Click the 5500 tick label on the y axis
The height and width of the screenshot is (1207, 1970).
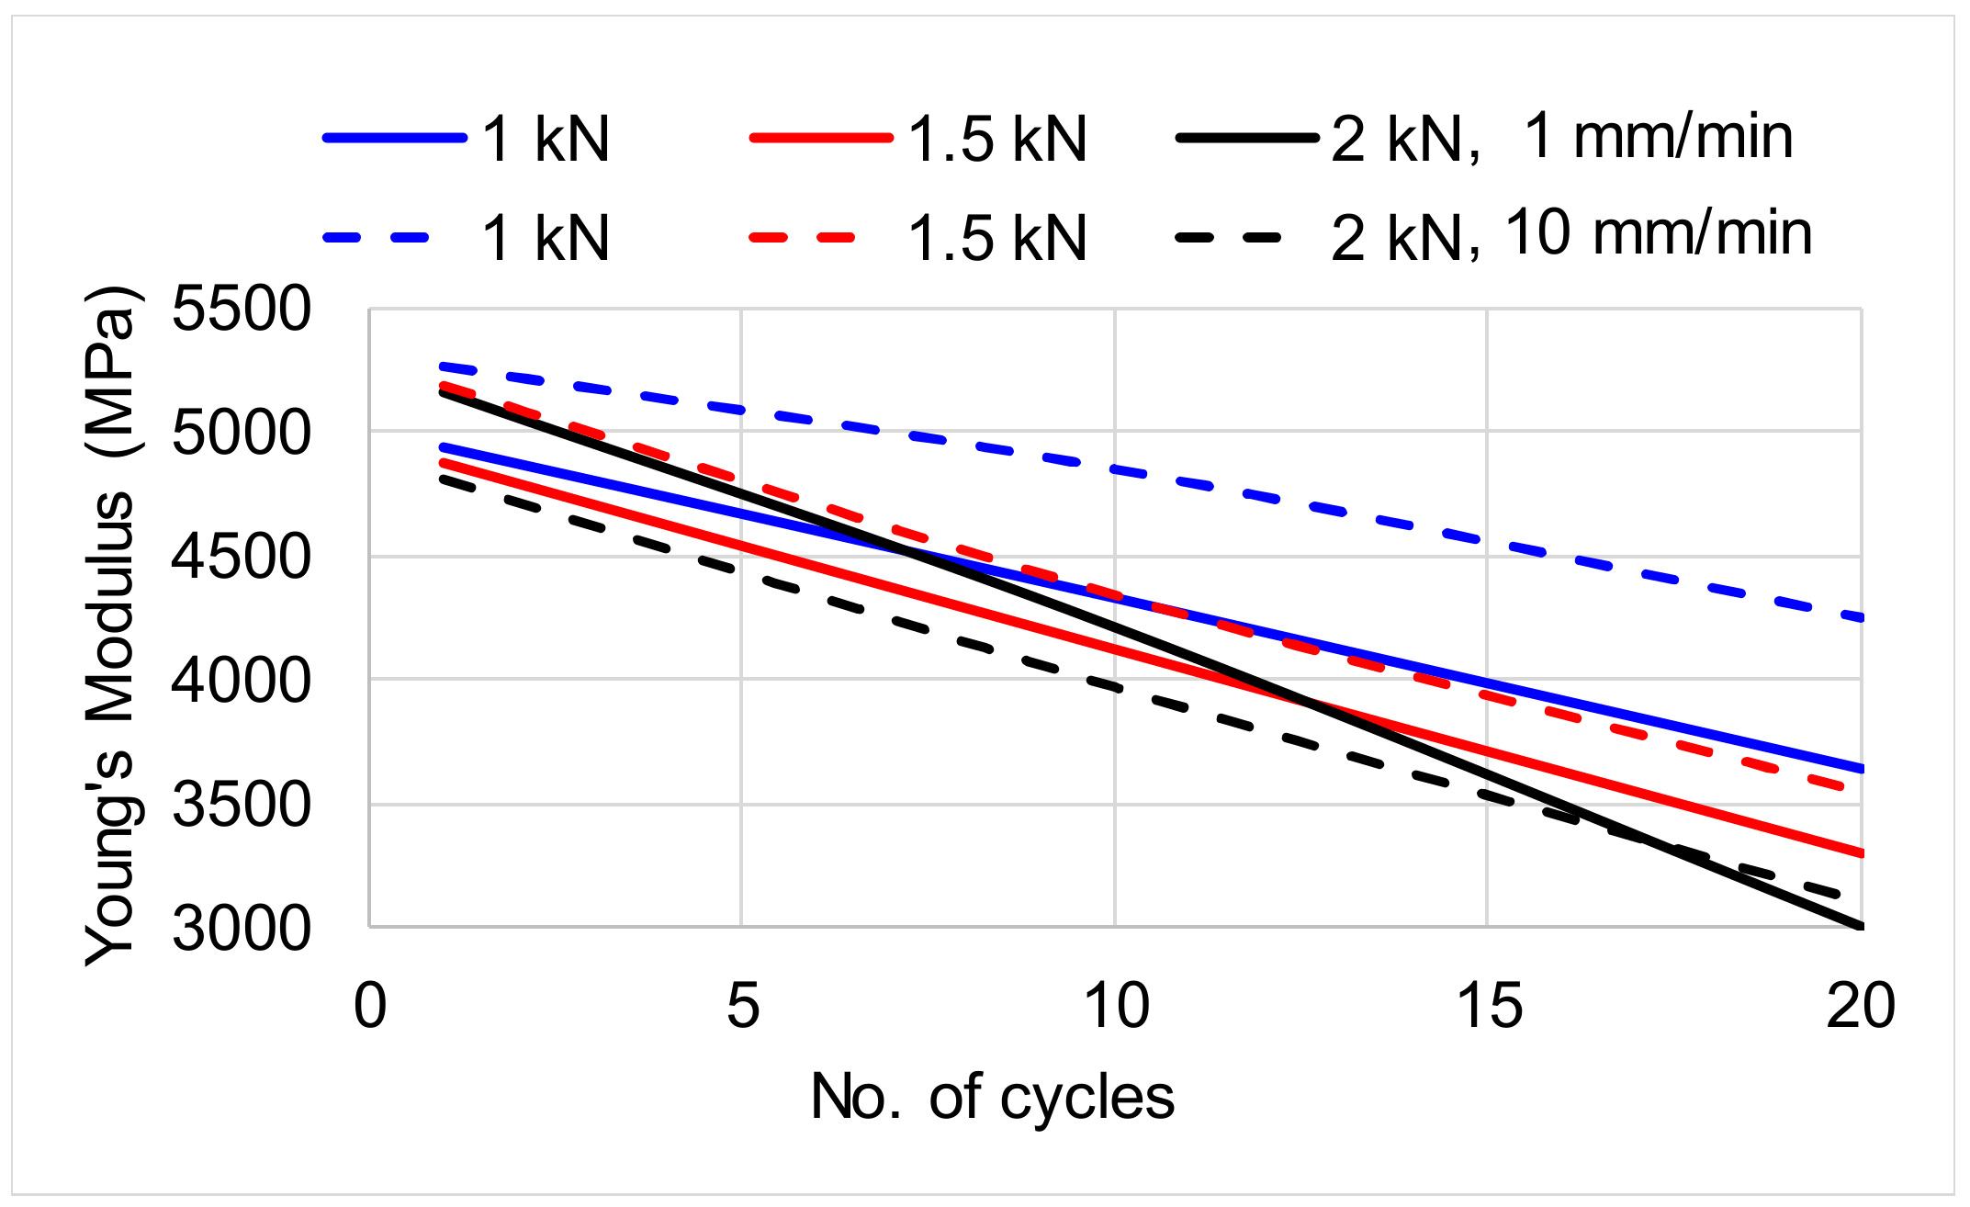(x=242, y=309)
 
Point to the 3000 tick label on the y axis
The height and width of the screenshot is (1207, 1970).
(x=242, y=929)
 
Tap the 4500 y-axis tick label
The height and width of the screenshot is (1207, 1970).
(x=242, y=557)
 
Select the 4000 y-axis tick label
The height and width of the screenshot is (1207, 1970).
(x=242, y=681)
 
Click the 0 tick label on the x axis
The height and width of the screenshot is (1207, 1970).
(x=370, y=1005)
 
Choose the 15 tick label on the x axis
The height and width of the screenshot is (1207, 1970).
(x=1489, y=1005)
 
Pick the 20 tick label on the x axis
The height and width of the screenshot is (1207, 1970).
(x=1861, y=1005)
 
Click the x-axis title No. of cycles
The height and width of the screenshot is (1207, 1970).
(x=992, y=1097)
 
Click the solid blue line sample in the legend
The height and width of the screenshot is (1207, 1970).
(x=395, y=139)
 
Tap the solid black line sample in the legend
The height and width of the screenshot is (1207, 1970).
(x=1247, y=139)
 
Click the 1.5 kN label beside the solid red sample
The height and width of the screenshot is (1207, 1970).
(x=996, y=140)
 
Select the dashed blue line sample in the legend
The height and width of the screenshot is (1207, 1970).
(x=377, y=238)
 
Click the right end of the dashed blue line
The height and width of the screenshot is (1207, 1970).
(x=1861, y=618)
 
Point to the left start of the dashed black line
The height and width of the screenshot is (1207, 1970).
(x=443, y=478)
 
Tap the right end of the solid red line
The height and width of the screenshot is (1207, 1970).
(x=1861, y=853)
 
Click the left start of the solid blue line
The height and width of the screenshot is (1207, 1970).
(x=443, y=447)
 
